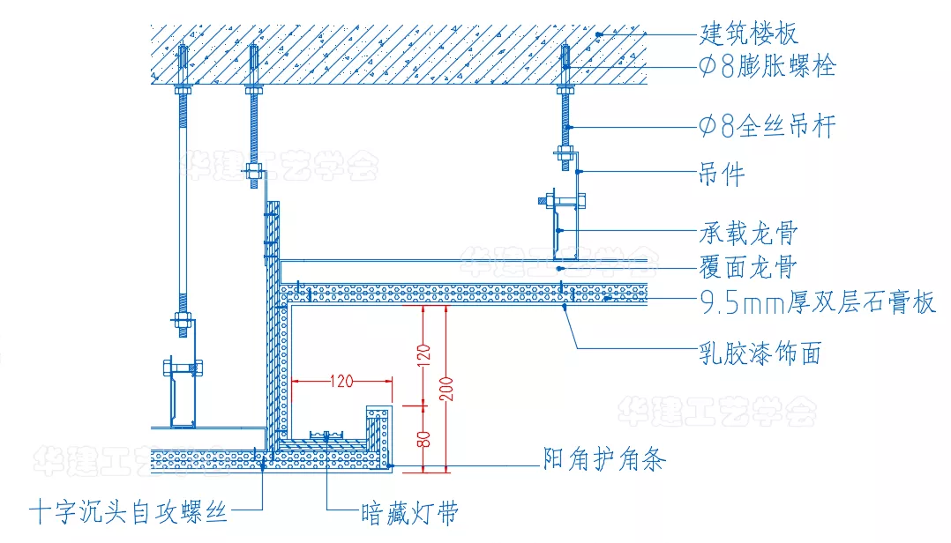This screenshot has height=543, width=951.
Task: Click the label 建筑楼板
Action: click(749, 34)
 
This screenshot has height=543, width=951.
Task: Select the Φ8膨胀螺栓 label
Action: click(766, 66)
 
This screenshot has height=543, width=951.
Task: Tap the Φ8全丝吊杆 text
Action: click(766, 127)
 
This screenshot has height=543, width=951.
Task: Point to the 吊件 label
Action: click(722, 174)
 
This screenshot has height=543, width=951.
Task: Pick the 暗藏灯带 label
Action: click(409, 511)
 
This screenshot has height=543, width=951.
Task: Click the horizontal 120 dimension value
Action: click(341, 382)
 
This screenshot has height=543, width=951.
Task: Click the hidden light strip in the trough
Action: click(326, 435)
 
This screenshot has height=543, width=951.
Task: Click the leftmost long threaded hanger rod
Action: click(183, 203)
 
